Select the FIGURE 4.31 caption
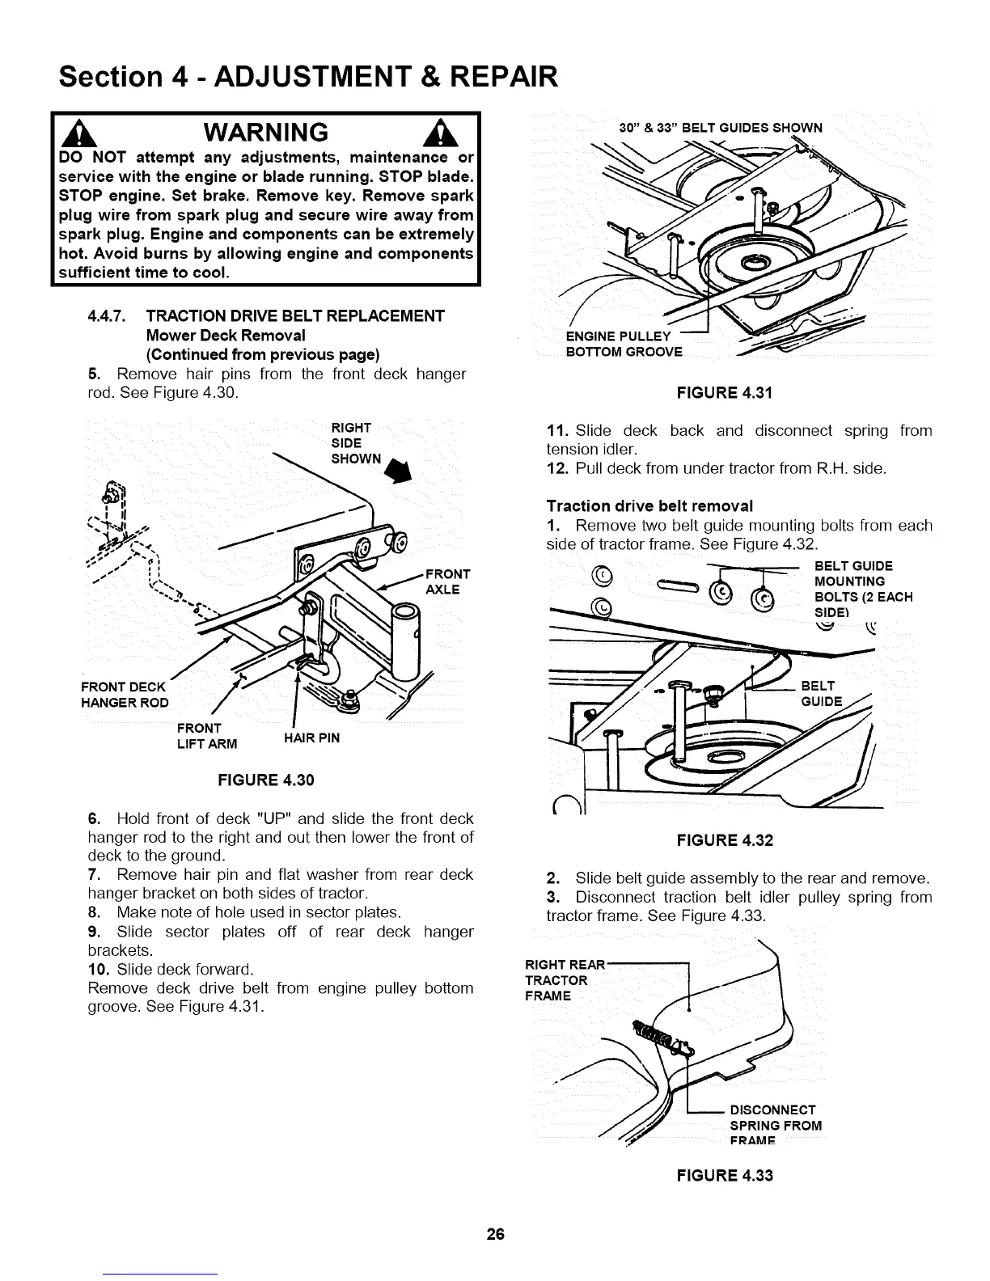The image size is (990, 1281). pyautogui.click(x=725, y=393)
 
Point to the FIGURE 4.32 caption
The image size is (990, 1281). pyautogui.click(x=725, y=840)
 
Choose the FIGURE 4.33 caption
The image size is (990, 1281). pyautogui.click(x=725, y=1175)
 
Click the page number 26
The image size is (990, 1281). pyautogui.click(x=495, y=1234)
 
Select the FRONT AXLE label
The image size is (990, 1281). pyautogui.click(x=442, y=581)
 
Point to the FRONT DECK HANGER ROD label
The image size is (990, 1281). pyautogui.click(x=125, y=695)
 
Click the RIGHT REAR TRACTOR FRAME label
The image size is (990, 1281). pyautogui.click(x=565, y=979)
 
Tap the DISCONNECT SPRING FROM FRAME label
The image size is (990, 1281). pyautogui.click(x=775, y=1125)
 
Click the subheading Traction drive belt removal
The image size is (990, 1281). pyautogui.click(x=649, y=506)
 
